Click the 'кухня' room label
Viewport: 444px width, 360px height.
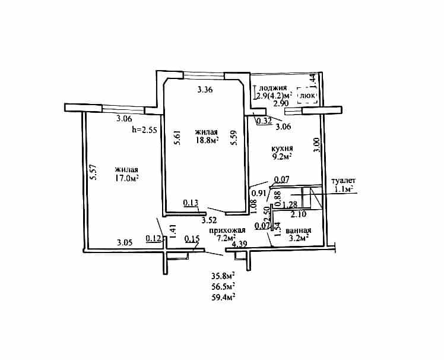[x=282, y=149]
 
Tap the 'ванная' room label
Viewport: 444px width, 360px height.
[x=299, y=230]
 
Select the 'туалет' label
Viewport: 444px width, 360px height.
[x=344, y=181]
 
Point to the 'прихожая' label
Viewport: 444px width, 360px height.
[x=227, y=230]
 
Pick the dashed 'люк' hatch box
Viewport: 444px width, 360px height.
[x=307, y=96]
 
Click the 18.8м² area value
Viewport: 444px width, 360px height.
[x=208, y=140]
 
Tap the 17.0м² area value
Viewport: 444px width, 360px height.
[x=126, y=178]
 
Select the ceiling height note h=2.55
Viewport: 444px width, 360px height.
[x=145, y=130]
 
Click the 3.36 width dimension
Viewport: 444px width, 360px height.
[x=205, y=90]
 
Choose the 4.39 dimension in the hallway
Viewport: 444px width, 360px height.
[x=240, y=244]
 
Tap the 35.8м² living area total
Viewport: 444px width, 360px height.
[x=224, y=276]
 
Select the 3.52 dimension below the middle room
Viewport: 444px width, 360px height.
[x=209, y=220]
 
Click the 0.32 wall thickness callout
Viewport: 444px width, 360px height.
[x=264, y=121]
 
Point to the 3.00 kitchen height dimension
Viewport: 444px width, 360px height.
[x=317, y=145]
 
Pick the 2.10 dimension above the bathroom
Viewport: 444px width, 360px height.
[x=299, y=214]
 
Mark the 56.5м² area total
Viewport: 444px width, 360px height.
[x=224, y=286]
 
